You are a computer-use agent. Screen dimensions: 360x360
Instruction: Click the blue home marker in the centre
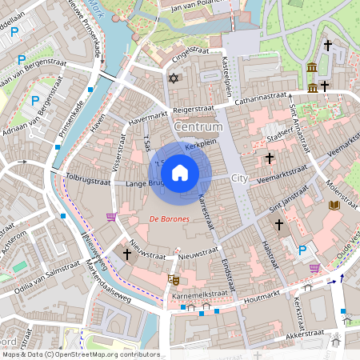coord(180,172)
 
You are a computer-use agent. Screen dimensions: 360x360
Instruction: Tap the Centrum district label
coord(197,127)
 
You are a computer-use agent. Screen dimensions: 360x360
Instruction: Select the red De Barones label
coord(169,218)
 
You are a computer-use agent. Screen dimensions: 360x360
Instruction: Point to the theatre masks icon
coord(172,279)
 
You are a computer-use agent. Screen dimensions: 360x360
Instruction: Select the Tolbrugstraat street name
coord(87,181)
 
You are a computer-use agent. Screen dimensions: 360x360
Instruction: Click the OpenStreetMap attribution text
coord(80,354)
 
